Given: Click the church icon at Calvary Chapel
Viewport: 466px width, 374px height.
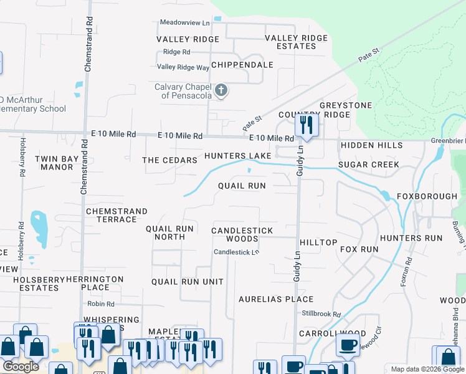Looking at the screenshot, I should [x=220, y=92].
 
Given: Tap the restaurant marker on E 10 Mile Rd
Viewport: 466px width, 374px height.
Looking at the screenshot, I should [x=305, y=124].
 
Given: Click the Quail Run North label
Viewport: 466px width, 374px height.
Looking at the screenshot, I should [x=169, y=233].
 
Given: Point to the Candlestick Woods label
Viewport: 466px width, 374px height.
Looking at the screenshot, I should [x=242, y=234].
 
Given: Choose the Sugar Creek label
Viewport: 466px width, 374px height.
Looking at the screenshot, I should [x=368, y=165].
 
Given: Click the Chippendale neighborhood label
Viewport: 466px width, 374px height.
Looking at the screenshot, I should [x=242, y=65].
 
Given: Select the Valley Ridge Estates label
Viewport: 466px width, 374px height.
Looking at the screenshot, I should [x=296, y=42].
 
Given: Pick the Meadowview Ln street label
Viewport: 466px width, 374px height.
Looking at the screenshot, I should [x=185, y=22].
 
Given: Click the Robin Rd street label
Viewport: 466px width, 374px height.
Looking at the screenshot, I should [x=101, y=304].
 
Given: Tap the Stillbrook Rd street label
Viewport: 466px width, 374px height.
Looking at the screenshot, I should [x=321, y=315].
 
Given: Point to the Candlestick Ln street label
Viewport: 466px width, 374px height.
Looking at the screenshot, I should [x=236, y=252].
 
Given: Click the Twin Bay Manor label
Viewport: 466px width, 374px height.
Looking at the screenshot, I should [x=57, y=163].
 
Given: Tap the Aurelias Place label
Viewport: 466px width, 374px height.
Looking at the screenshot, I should [x=276, y=299].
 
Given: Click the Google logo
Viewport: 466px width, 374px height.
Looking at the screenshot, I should [x=21, y=367].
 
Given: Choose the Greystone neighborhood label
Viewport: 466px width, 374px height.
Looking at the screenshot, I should [x=346, y=105].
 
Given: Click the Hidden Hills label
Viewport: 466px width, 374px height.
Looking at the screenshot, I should [x=367, y=145].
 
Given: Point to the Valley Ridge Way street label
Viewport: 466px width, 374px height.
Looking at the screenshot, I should [x=183, y=67].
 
